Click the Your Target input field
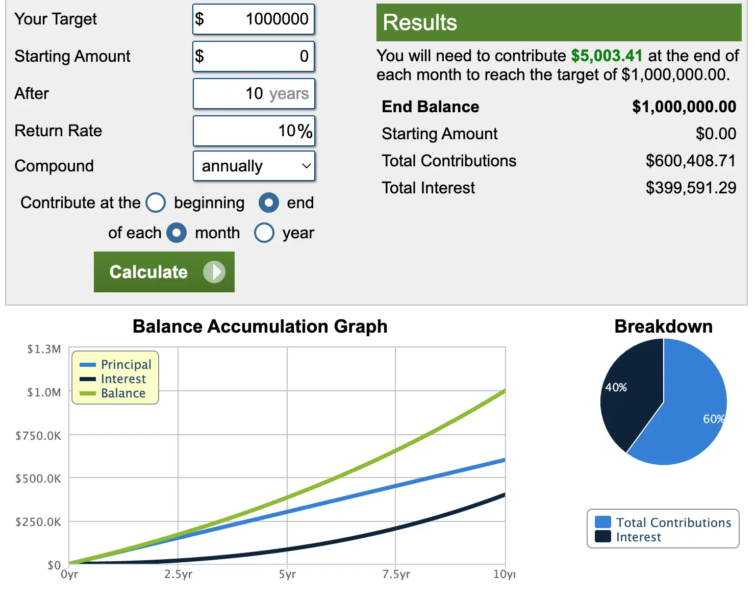[x=254, y=19]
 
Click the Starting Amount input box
[x=254, y=56]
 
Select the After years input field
[x=254, y=94]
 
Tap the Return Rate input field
[x=254, y=131]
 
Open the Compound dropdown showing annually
[x=254, y=166]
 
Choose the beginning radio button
[x=156, y=203]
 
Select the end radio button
[x=269, y=203]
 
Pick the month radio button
[x=177, y=233]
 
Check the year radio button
[x=264, y=233]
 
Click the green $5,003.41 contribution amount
[x=607, y=56]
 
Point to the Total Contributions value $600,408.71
[x=691, y=161]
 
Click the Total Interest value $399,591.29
[x=691, y=188]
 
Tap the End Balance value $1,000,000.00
[x=684, y=107]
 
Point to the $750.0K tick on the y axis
[x=38, y=436]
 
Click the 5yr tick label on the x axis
[x=287, y=574]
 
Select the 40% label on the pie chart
[x=616, y=387]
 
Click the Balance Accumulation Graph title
[x=260, y=327]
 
